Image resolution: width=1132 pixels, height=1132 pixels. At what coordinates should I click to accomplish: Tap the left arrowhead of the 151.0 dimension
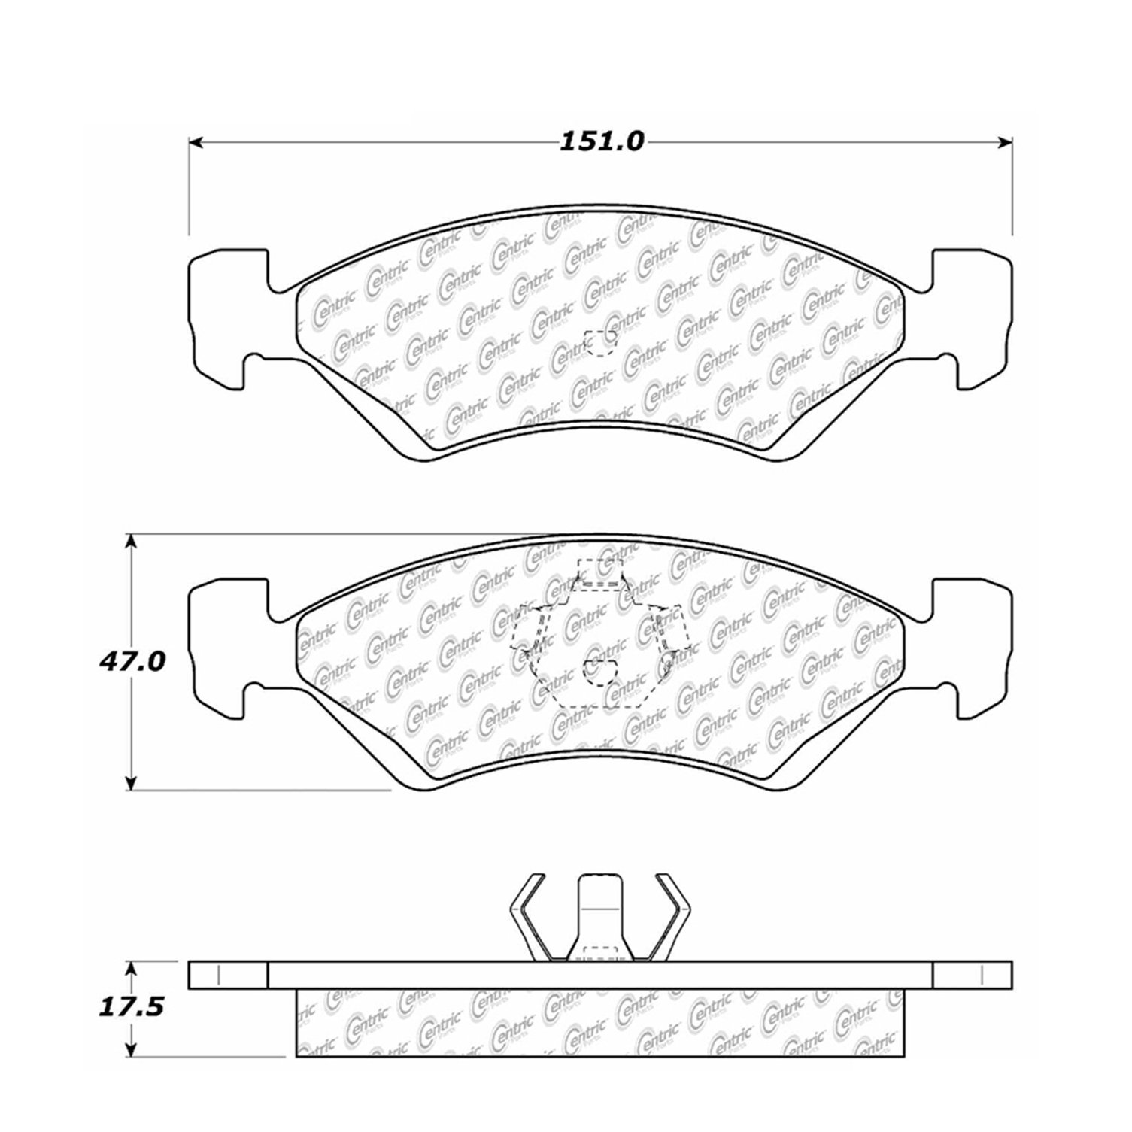point(196,141)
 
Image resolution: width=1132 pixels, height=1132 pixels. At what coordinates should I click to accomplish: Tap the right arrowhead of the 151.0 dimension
point(1004,141)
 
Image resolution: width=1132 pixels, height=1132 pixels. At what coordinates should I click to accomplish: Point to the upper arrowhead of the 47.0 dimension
point(132,544)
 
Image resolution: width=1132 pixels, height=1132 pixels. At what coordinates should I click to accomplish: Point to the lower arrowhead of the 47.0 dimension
point(132,781)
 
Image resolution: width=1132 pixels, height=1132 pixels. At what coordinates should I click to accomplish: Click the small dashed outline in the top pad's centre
point(601,344)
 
